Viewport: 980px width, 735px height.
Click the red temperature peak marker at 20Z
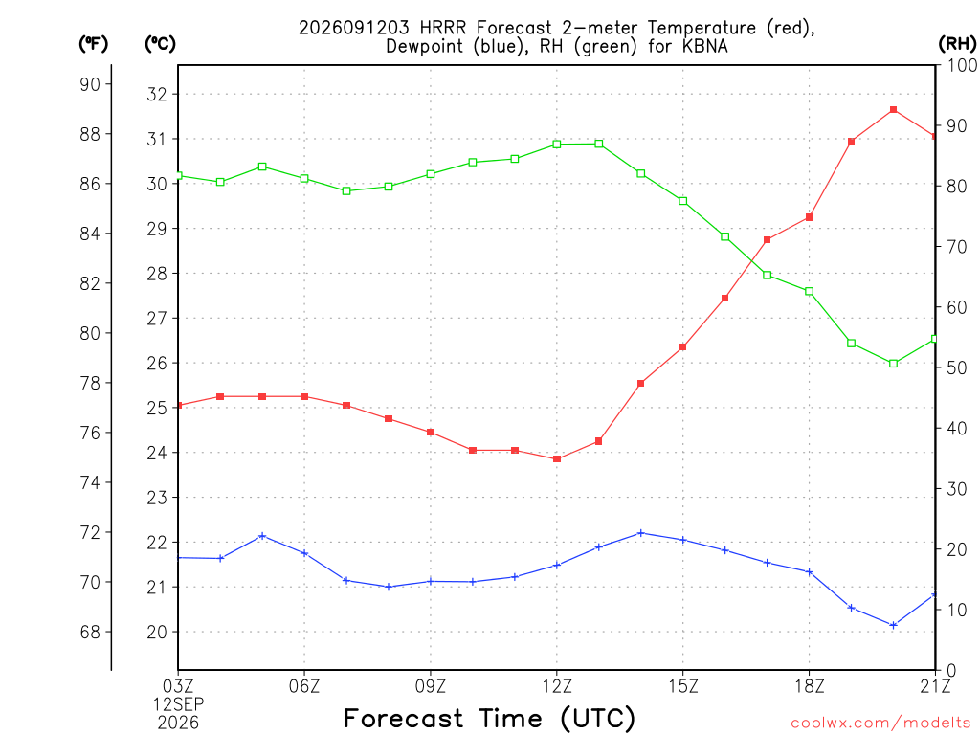click(893, 110)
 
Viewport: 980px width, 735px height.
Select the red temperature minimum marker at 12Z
click(557, 459)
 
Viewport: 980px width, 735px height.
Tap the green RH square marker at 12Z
click(557, 145)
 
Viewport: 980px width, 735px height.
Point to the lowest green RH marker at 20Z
click(893, 363)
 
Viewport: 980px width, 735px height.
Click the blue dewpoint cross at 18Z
click(810, 572)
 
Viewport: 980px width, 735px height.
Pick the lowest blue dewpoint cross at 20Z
click(893, 625)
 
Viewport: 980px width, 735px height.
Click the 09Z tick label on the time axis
click(431, 686)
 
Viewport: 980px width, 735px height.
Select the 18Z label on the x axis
click(810, 686)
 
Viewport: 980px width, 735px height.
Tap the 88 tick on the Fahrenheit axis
click(90, 134)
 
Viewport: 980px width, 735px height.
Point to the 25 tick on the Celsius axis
click(157, 408)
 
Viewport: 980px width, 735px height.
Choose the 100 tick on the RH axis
click(962, 65)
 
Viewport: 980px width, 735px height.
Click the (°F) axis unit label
click(93, 44)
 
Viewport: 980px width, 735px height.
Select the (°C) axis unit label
click(160, 44)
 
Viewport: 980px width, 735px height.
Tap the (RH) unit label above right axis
click(957, 44)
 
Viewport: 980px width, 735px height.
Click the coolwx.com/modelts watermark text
click(880, 723)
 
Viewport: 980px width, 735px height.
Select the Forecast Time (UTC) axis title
click(489, 719)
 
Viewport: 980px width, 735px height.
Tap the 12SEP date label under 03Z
click(179, 704)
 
